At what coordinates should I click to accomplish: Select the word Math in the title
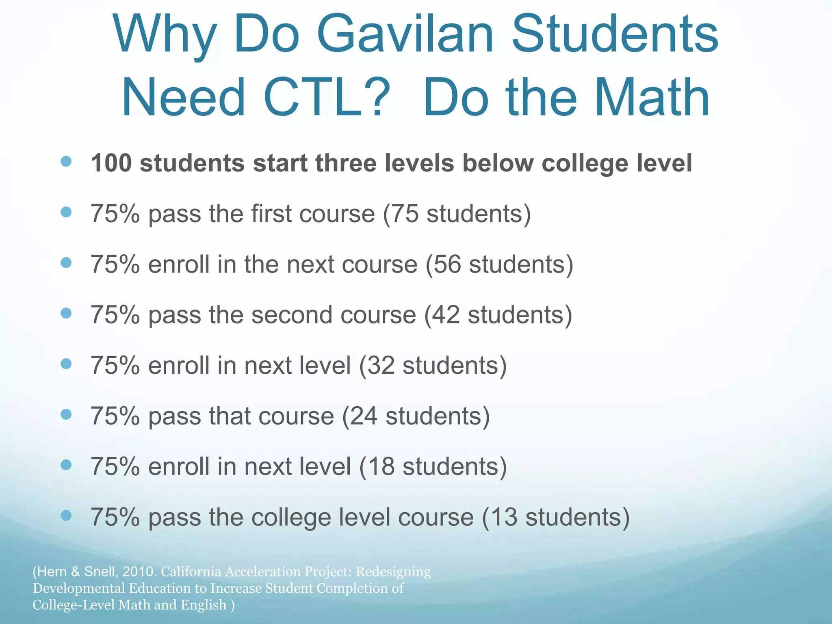pos(652,98)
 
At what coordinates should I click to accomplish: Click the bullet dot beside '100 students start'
pos(66,162)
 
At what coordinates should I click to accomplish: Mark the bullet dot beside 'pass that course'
pos(66,414)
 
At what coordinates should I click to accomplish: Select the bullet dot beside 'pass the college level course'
pos(66,516)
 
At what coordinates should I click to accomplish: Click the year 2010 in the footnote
pos(139,572)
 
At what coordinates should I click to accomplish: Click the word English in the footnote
pos(204,605)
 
